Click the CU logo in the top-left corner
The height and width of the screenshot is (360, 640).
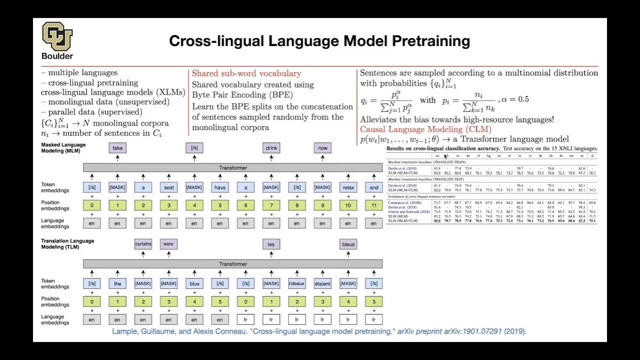click(57, 36)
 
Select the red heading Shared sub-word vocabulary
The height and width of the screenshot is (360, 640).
click(246, 73)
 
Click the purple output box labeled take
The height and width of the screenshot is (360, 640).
click(117, 148)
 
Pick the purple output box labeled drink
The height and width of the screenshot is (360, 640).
click(271, 148)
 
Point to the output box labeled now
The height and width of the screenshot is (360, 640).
click(322, 148)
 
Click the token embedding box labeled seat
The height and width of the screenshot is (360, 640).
click(168, 187)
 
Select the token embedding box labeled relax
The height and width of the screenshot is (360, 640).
click(348, 187)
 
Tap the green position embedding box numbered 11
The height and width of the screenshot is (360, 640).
click(373, 205)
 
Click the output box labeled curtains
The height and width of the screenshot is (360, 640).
click(143, 244)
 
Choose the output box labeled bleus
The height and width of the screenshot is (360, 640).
click(348, 244)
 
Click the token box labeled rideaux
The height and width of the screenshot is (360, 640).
click(296, 283)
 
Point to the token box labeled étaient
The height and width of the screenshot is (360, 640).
click(322, 283)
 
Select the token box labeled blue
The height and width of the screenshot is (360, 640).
click(194, 283)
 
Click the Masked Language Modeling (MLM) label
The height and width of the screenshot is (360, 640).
click(63, 147)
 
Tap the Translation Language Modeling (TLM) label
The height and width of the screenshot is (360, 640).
click(67, 244)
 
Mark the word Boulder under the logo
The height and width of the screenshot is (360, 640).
click(57, 56)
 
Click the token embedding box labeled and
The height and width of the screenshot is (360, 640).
click(373, 187)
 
